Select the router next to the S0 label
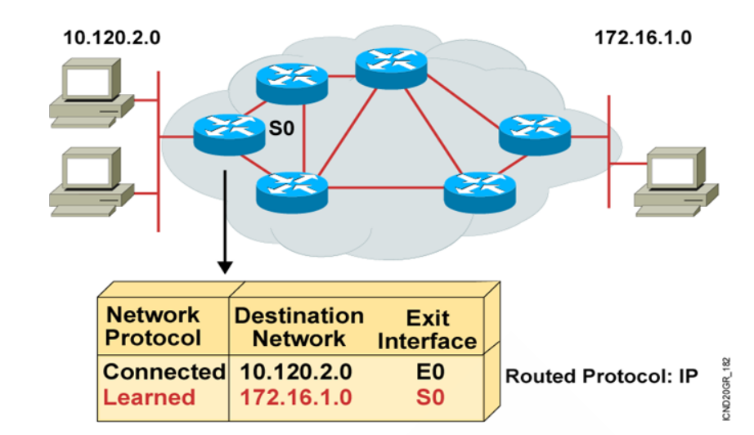(x=230, y=132)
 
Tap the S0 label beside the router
(x=281, y=128)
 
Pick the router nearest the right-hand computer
(x=535, y=132)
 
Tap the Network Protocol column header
(x=154, y=325)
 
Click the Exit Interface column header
(x=426, y=329)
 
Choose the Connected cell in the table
(x=164, y=372)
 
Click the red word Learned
(x=150, y=397)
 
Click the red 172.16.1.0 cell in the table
(x=296, y=398)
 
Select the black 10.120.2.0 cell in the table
(x=296, y=372)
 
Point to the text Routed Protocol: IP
(x=601, y=377)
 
